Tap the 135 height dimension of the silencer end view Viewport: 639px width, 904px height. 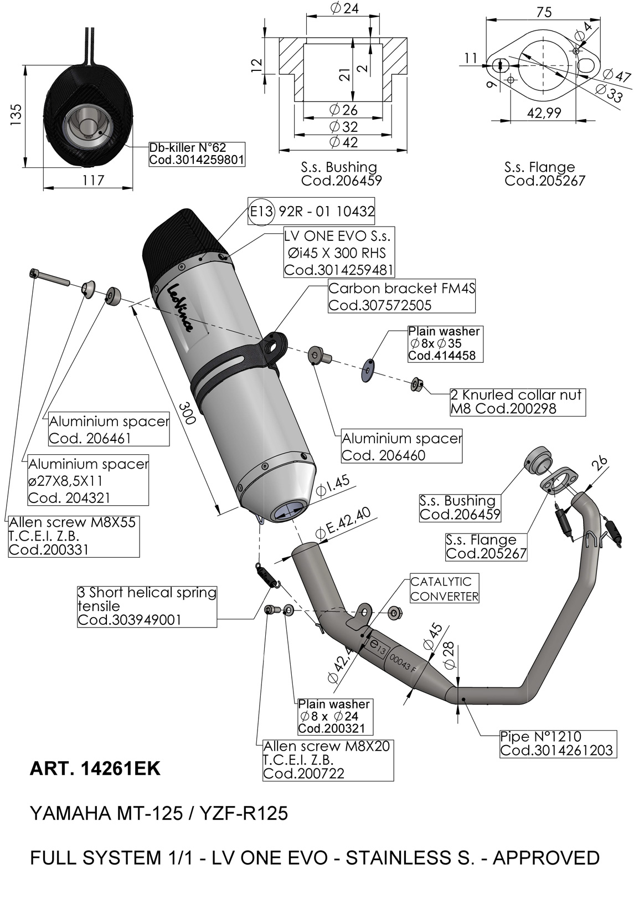click(16, 116)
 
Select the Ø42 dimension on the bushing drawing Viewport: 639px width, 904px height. click(343, 142)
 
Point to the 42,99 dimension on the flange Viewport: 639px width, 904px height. click(544, 113)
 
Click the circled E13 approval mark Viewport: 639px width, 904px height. click(261, 211)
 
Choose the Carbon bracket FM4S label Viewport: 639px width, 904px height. click(401, 296)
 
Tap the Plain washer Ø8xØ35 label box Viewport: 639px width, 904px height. click(444, 343)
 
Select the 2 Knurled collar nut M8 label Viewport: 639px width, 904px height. click(517, 402)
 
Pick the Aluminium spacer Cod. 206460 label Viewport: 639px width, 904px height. click(401, 446)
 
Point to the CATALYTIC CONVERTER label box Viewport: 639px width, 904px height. click(444, 589)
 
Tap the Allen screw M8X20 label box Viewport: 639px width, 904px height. click(327, 759)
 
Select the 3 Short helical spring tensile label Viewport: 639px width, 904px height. click(147, 606)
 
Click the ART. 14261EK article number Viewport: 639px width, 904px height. click(95, 769)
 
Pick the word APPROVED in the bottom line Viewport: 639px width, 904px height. click(546, 858)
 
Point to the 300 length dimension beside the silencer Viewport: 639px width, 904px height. click(187, 412)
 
